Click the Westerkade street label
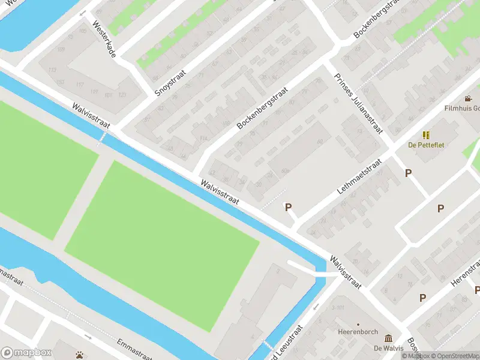click(x=102, y=41)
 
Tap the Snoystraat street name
click(x=170, y=82)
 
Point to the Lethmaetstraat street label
click(x=360, y=176)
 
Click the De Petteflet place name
click(x=426, y=145)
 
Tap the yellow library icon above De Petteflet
click(x=426, y=135)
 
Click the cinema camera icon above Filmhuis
click(x=468, y=98)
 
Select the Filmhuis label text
click(x=462, y=109)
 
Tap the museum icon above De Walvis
click(x=388, y=338)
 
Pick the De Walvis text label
click(x=387, y=348)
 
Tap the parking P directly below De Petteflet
click(x=409, y=173)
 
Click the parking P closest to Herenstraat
click(x=423, y=298)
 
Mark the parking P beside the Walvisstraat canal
click(x=288, y=208)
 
